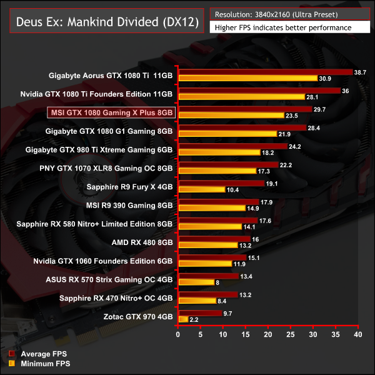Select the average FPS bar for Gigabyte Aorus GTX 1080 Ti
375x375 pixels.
265,72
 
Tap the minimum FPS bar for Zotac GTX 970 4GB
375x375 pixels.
183,319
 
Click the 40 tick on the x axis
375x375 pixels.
357,335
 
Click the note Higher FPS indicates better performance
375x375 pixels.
282,27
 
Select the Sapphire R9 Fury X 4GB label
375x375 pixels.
129,187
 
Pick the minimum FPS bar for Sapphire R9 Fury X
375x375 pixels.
201,189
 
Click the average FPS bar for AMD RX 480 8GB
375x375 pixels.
214,239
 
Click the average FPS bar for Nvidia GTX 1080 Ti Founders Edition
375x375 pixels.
259,91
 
